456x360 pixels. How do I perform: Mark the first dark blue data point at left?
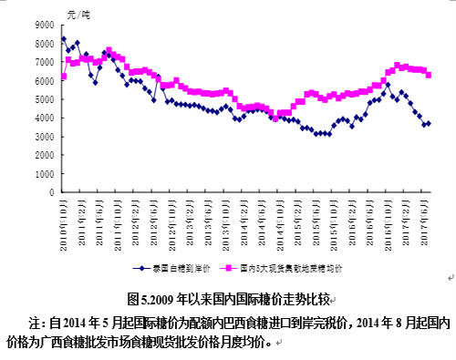[63, 39]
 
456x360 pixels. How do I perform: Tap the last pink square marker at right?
[429, 75]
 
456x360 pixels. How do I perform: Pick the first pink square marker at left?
[63, 76]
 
